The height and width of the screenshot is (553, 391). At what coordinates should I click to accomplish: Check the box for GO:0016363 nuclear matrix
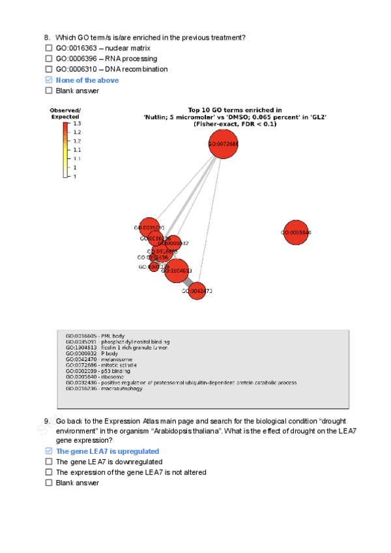(48, 48)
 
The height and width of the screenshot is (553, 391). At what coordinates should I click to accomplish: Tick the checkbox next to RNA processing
(48, 59)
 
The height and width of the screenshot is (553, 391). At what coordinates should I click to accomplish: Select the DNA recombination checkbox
(48, 69)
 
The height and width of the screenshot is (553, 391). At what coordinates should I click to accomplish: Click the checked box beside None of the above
(48, 80)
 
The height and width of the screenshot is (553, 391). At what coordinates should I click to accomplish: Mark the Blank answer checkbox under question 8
(48, 91)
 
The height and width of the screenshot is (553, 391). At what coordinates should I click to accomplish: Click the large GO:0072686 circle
(223, 144)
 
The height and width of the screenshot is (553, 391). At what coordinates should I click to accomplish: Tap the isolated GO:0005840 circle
(297, 232)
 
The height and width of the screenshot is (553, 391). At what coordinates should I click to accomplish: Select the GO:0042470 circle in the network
(197, 291)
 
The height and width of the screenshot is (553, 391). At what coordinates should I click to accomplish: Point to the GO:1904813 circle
(176, 271)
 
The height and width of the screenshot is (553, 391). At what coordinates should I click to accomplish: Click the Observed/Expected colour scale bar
(65, 149)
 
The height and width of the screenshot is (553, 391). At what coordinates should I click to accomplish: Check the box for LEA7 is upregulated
(48, 451)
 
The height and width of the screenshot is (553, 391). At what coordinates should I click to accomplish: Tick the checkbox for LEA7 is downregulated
(48, 462)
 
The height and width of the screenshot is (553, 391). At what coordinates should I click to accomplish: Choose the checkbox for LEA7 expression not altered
(48, 472)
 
